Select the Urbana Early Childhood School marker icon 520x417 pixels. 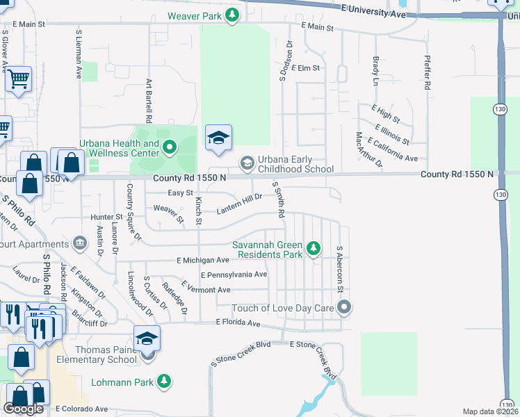click(247, 164)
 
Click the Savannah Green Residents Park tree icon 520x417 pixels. click(314, 248)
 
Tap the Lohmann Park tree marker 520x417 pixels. click(164, 381)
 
